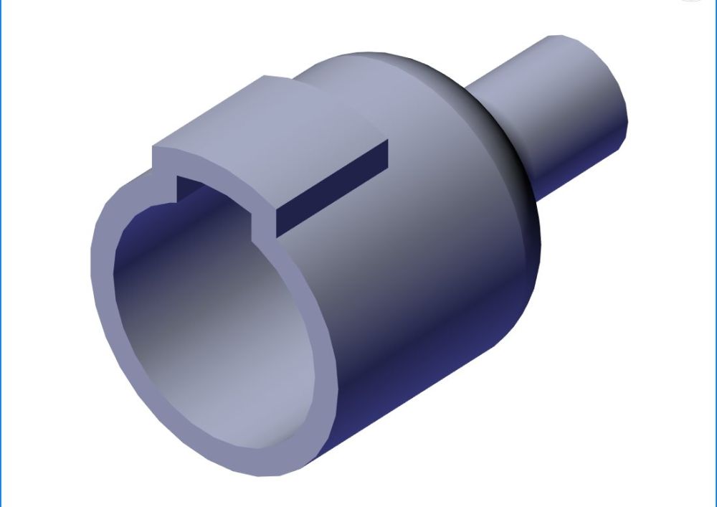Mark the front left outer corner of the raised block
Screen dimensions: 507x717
click(153, 148)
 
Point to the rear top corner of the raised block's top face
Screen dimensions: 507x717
click(267, 77)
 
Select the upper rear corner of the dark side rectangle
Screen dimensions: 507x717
click(388, 141)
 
